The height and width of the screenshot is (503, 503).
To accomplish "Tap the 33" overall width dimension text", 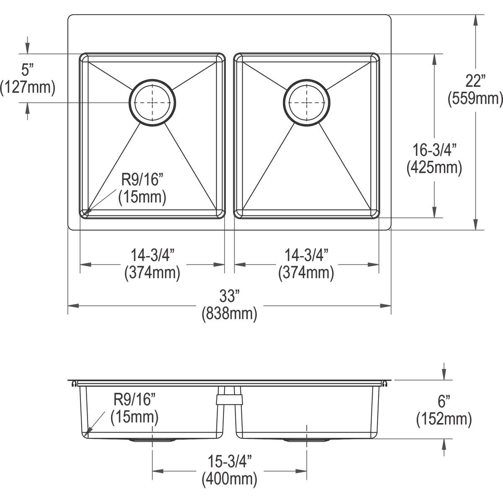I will [229, 297].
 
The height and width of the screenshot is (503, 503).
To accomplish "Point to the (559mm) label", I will [475, 99].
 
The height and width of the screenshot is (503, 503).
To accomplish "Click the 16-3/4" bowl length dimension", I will [434, 150].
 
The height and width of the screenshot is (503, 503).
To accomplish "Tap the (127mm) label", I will [28, 87].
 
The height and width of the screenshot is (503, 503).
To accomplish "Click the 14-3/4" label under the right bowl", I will [306, 255].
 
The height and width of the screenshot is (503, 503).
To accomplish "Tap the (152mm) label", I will [444, 419].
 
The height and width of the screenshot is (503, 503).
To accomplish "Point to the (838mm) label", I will [229, 314].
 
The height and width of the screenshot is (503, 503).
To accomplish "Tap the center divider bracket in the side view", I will [229, 396].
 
